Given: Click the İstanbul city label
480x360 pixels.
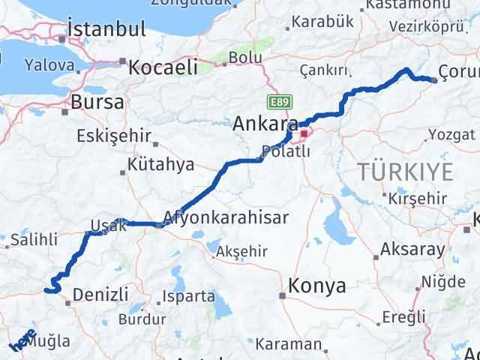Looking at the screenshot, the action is point(106,29).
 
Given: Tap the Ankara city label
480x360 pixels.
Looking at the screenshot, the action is point(266,123).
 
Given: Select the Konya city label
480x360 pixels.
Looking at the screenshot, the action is point(318,286).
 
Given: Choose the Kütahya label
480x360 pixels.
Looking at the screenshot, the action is point(160,164).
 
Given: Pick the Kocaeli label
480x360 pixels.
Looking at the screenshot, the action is point(163,67).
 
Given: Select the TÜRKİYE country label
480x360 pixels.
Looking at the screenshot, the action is point(405,172).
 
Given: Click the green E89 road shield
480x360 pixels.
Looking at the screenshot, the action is point(277,100).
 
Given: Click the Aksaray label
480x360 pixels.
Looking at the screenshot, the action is point(410,249).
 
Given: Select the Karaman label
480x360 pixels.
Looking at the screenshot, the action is point(288,345).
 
